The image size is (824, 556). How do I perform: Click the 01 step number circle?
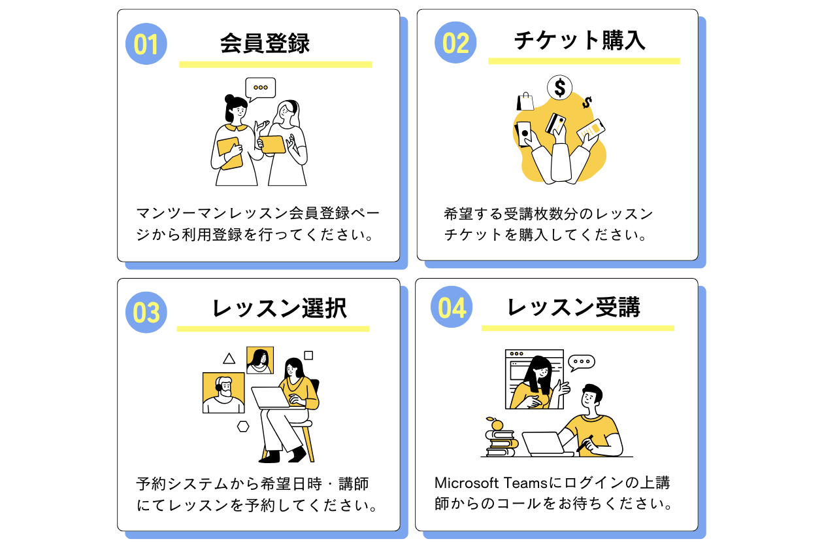(146, 44)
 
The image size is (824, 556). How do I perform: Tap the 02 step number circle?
(455, 43)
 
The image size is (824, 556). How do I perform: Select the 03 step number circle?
(146, 312)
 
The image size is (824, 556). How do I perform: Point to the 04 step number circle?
(452, 307)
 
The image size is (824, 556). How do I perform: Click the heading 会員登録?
(265, 43)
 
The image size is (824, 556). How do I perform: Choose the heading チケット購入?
(580, 41)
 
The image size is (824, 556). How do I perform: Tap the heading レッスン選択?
(279, 308)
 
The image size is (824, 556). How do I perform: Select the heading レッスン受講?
(574, 307)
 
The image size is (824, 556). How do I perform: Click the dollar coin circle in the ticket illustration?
(560, 87)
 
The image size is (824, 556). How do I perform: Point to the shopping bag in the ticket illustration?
(525, 101)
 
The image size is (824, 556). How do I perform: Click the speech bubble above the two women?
(260, 88)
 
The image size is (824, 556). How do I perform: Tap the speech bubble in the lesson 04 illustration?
(581, 362)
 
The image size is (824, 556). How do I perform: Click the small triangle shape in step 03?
(229, 358)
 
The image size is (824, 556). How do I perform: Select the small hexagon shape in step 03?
(243, 426)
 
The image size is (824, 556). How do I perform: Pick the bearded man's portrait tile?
(223, 392)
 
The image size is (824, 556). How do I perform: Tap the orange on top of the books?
(497, 425)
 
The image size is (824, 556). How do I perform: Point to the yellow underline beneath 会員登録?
(275, 65)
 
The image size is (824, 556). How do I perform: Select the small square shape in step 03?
(308, 355)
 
